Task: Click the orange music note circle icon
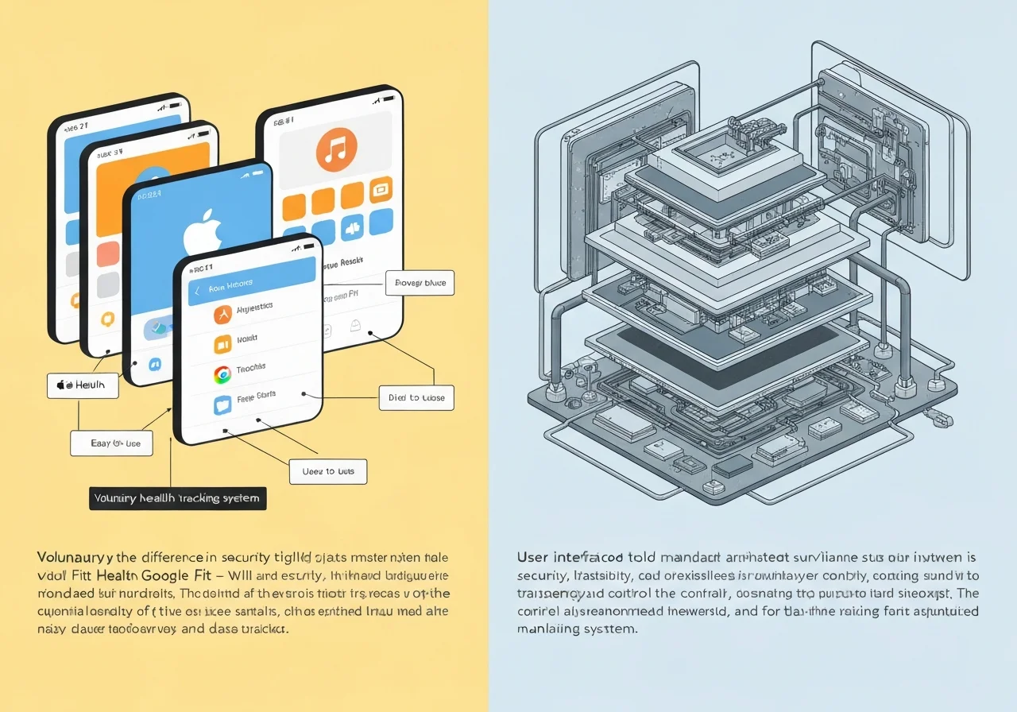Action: [336, 150]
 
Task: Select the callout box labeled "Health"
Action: [83, 385]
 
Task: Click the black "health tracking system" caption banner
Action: [177, 498]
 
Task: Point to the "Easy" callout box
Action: [110, 443]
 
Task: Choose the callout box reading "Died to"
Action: [416, 397]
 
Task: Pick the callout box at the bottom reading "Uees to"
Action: [328, 471]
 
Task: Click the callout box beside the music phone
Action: [420, 282]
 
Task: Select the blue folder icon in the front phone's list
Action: [222, 404]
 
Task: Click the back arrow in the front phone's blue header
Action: [198, 291]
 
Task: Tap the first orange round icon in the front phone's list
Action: [222, 314]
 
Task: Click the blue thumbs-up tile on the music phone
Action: [350, 229]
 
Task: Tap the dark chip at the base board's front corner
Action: [729, 467]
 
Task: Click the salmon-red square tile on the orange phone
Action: [107, 253]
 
